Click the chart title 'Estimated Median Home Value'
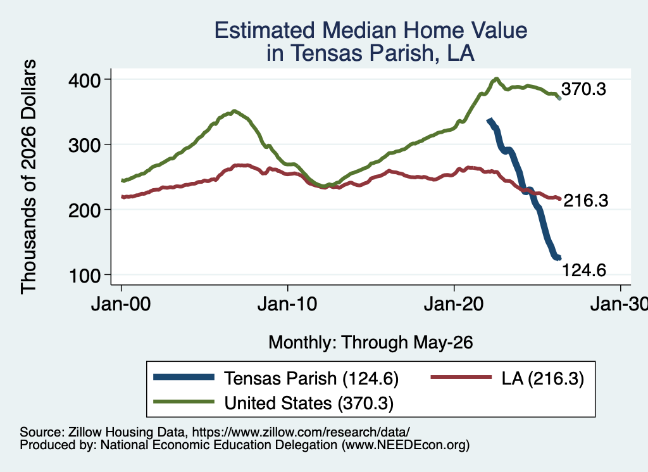pos(371,30)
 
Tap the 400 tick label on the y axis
pos(85,80)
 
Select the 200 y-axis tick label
pos(85,210)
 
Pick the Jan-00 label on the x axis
pos(121,304)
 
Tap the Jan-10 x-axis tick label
pos(288,304)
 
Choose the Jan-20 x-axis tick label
pos(454,304)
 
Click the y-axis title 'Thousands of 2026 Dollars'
pos(28,177)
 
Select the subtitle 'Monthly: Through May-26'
pos(371,343)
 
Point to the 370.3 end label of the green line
pos(583,89)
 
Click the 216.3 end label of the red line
pos(586,201)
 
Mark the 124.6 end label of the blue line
pos(584,270)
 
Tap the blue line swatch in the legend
pos(184,377)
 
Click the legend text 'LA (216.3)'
pos(542,378)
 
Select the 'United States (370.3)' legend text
pos(309,404)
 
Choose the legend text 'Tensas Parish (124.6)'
pos(311,378)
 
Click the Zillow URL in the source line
pos(301,432)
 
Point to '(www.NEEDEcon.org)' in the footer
pos(406,445)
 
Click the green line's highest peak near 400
pos(496,79)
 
